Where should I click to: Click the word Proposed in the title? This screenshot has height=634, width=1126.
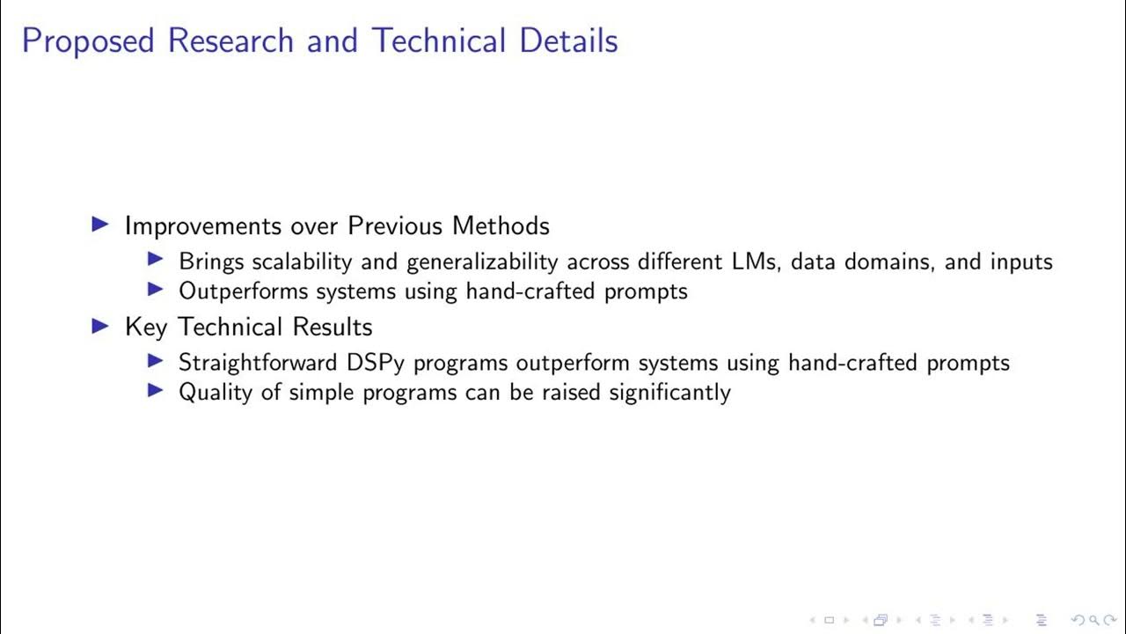pyautogui.click(x=88, y=41)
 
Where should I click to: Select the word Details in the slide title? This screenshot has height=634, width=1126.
pyautogui.click(x=568, y=41)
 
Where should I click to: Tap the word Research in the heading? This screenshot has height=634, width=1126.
pyautogui.click(x=231, y=41)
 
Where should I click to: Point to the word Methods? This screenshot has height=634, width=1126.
pyautogui.click(x=501, y=225)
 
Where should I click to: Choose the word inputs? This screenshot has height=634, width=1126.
pyautogui.click(x=1021, y=262)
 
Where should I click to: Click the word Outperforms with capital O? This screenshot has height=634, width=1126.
pyautogui.click(x=244, y=291)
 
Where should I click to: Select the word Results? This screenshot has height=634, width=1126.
pyautogui.click(x=333, y=327)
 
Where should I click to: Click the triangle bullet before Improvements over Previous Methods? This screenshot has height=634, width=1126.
pyautogui.click(x=101, y=225)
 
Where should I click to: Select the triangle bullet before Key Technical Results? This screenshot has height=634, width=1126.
pyautogui.click(x=101, y=327)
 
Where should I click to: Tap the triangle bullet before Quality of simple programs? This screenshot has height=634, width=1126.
pyautogui.click(x=157, y=390)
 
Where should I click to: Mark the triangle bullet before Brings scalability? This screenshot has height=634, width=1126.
pyautogui.click(x=157, y=261)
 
